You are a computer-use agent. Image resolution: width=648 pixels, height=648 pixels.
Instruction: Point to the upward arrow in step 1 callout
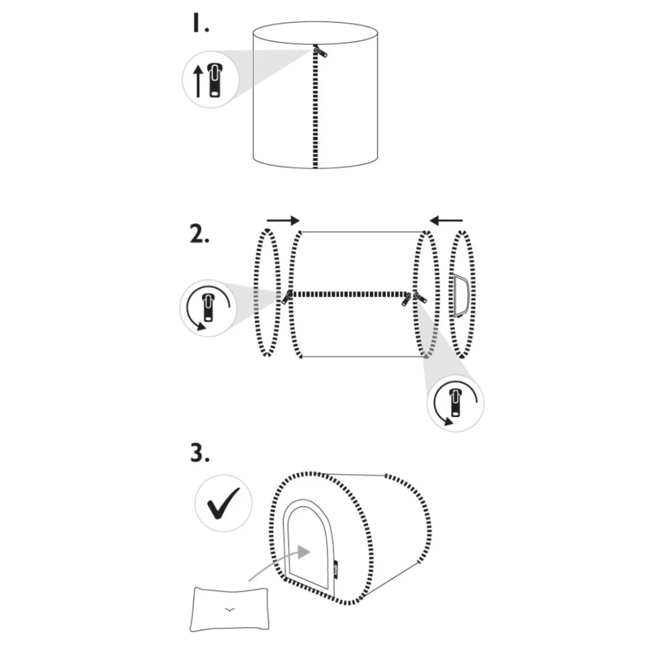pos(199,81)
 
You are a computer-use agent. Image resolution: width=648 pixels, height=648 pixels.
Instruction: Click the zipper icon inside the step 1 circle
pos(215,80)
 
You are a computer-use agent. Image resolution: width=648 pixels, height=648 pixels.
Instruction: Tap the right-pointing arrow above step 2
pos(283,220)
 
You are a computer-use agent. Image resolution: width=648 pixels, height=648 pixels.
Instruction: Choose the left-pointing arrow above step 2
pos(446,220)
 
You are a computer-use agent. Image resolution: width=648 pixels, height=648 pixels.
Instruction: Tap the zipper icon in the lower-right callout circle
pos(455,403)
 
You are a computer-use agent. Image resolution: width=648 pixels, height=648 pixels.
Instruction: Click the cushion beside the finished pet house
pos(229,609)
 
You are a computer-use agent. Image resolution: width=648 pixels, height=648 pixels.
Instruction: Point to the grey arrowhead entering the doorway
pos(304,551)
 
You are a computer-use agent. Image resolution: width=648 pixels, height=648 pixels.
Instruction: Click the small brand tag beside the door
pos(336,570)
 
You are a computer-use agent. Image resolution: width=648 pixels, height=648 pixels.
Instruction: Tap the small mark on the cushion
pos(229,609)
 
